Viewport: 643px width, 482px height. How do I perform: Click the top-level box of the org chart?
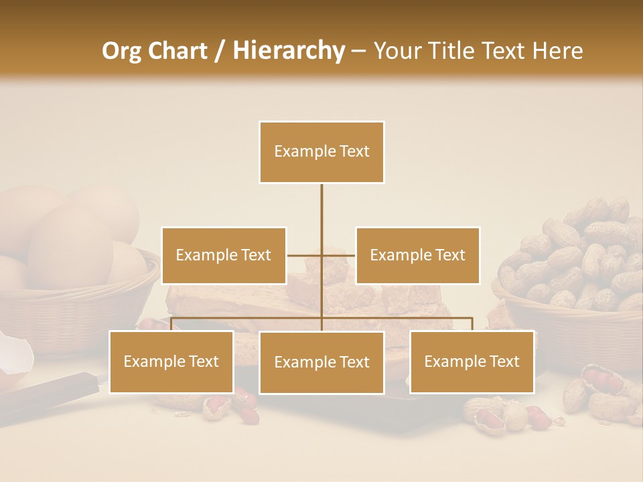point(321,152)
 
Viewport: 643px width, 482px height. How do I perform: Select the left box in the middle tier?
point(224,255)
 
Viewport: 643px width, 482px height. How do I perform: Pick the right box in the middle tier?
point(417,255)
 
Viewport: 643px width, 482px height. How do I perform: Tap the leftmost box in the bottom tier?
point(171,361)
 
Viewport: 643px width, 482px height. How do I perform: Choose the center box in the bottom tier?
point(321,362)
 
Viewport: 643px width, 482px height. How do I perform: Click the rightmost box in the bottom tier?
point(472,361)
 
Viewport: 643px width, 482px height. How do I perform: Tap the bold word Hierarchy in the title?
point(288,51)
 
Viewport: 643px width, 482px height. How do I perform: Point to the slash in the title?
point(220,51)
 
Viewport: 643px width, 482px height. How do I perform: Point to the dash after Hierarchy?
point(358,51)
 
